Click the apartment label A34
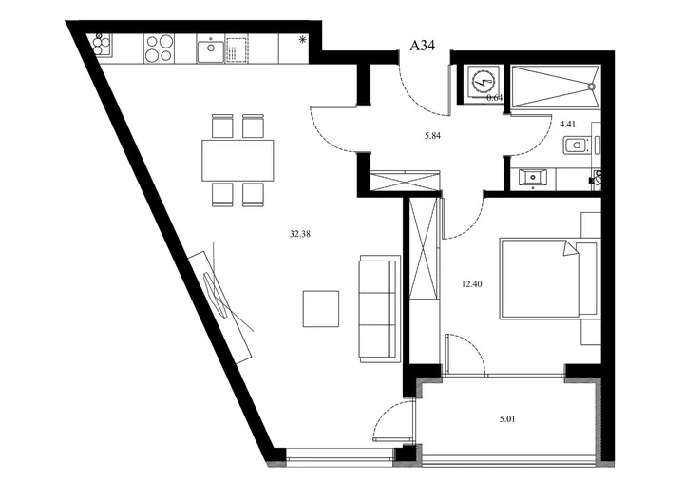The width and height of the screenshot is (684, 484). (422, 45)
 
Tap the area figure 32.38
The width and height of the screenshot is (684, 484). (300, 234)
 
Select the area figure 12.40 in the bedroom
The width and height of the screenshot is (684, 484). (471, 284)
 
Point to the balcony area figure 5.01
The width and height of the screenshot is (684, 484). (507, 419)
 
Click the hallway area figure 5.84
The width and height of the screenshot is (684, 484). (433, 136)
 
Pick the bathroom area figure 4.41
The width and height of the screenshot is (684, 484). (567, 124)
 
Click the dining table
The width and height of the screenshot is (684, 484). (237, 160)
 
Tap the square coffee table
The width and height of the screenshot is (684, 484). (321, 309)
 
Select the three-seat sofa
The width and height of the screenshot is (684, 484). (379, 309)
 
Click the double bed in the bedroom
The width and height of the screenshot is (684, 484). (548, 278)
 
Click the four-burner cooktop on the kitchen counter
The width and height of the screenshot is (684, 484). (159, 48)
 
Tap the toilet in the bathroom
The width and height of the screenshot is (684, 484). (578, 145)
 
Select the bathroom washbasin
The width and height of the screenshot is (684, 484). (532, 178)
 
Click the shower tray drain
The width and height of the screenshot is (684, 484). (592, 87)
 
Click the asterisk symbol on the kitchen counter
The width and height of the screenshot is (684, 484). (301, 41)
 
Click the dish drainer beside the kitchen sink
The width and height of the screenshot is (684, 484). (237, 48)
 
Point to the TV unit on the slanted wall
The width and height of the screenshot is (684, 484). (220, 307)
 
